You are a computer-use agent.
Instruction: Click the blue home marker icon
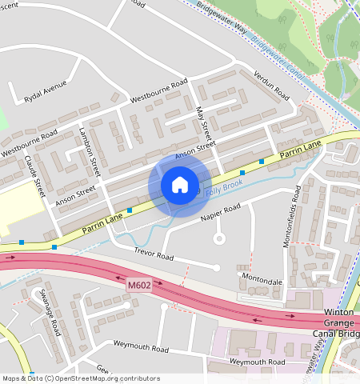point(180,186)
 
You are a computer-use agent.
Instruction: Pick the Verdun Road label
point(272,83)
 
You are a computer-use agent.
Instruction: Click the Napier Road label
point(221,210)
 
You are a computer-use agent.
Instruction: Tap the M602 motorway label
point(138,284)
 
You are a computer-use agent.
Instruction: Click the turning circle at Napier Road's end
point(218,238)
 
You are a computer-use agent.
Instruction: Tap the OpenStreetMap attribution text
point(80,378)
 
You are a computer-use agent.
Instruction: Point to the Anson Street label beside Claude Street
point(75,194)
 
